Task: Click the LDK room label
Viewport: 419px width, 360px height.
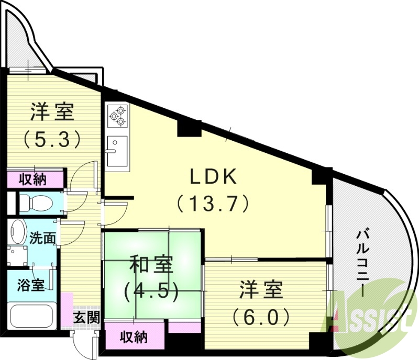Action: pyautogui.click(x=214, y=177)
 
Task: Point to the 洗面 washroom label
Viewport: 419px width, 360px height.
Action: pyautogui.click(x=42, y=239)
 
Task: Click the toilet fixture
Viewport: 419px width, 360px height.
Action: pyautogui.click(x=35, y=201)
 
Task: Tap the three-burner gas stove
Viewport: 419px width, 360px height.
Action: pyautogui.click(x=118, y=115)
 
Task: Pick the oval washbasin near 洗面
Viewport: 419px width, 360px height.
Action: pyautogui.click(x=18, y=233)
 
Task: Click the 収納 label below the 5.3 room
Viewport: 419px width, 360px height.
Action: pyautogui.click(x=33, y=179)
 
